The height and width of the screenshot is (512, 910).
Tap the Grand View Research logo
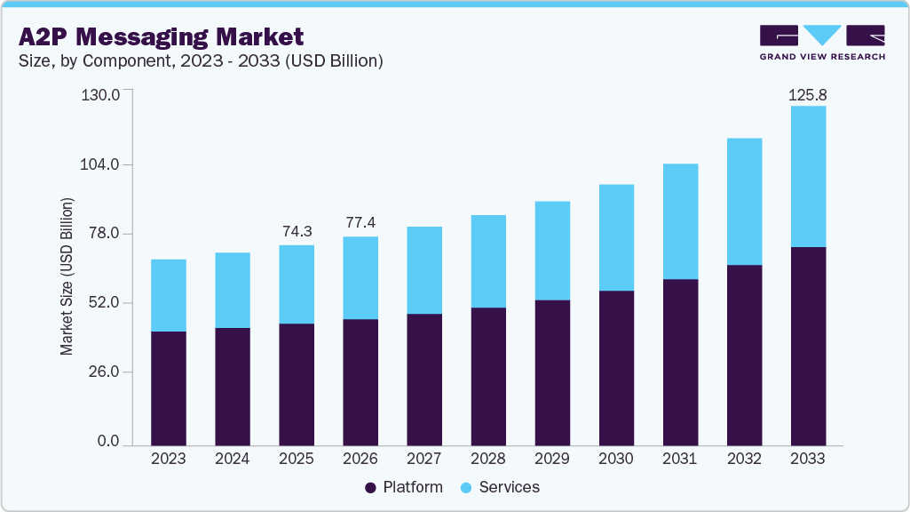[822, 43]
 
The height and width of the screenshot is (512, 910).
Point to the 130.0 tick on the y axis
[101, 95]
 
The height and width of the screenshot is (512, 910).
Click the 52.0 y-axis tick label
[103, 303]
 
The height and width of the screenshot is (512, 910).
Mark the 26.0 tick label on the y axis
[103, 372]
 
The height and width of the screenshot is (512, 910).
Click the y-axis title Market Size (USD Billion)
[67, 276]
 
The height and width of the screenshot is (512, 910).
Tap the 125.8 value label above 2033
[808, 94]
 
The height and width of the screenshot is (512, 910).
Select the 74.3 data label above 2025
[297, 231]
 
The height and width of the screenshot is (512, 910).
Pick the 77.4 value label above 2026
[360, 223]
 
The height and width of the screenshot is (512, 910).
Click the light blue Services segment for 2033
[808, 176]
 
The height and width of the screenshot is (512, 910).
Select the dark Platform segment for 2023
[169, 388]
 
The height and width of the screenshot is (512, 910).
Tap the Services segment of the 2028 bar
[488, 261]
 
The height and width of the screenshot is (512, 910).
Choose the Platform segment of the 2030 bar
[616, 367]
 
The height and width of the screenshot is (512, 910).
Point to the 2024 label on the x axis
[233, 460]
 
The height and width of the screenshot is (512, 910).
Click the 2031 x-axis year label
[680, 460]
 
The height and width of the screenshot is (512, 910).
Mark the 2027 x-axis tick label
[424, 460]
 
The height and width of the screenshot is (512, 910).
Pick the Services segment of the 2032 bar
[744, 201]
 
